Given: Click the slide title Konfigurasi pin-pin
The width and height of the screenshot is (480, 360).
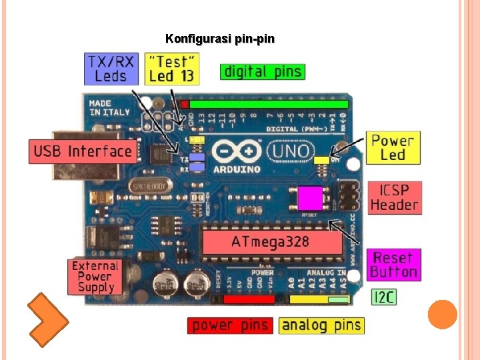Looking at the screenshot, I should pyautogui.click(x=219, y=39).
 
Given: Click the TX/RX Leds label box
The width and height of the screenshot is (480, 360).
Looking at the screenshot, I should pyautogui.click(x=111, y=69).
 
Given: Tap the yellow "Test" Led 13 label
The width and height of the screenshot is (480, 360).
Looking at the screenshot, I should pyautogui.click(x=172, y=69).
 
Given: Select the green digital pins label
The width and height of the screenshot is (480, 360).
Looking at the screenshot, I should pyautogui.click(x=263, y=71).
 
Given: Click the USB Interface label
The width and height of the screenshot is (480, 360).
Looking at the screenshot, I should pyautogui.click(x=83, y=151).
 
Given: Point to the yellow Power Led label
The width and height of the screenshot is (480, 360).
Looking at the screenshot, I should pyautogui.click(x=393, y=148).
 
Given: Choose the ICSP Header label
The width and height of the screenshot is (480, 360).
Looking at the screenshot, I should pyautogui.click(x=394, y=197).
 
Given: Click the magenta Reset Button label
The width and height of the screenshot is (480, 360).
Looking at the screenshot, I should pyautogui.click(x=394, y=265).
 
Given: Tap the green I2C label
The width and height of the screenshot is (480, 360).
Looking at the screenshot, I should pyautogui.click(x=383, y=297).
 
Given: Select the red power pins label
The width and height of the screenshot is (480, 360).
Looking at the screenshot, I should pyautogui.click(x=230, y=325).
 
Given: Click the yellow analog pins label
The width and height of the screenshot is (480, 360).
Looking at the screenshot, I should pyautogui.click(x=321, y=325).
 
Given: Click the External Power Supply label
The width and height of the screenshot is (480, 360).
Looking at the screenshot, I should pyautogui.click(x=96, y=276).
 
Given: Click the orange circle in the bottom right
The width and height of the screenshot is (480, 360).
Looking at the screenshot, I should pyautogui.click(x=442, y=315).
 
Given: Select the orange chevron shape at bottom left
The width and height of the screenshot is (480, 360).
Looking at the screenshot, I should pyautogui.click(x=47, y=319).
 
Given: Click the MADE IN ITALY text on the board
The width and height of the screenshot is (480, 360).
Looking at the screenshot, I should pyautogui.click(x=109, y=108).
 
